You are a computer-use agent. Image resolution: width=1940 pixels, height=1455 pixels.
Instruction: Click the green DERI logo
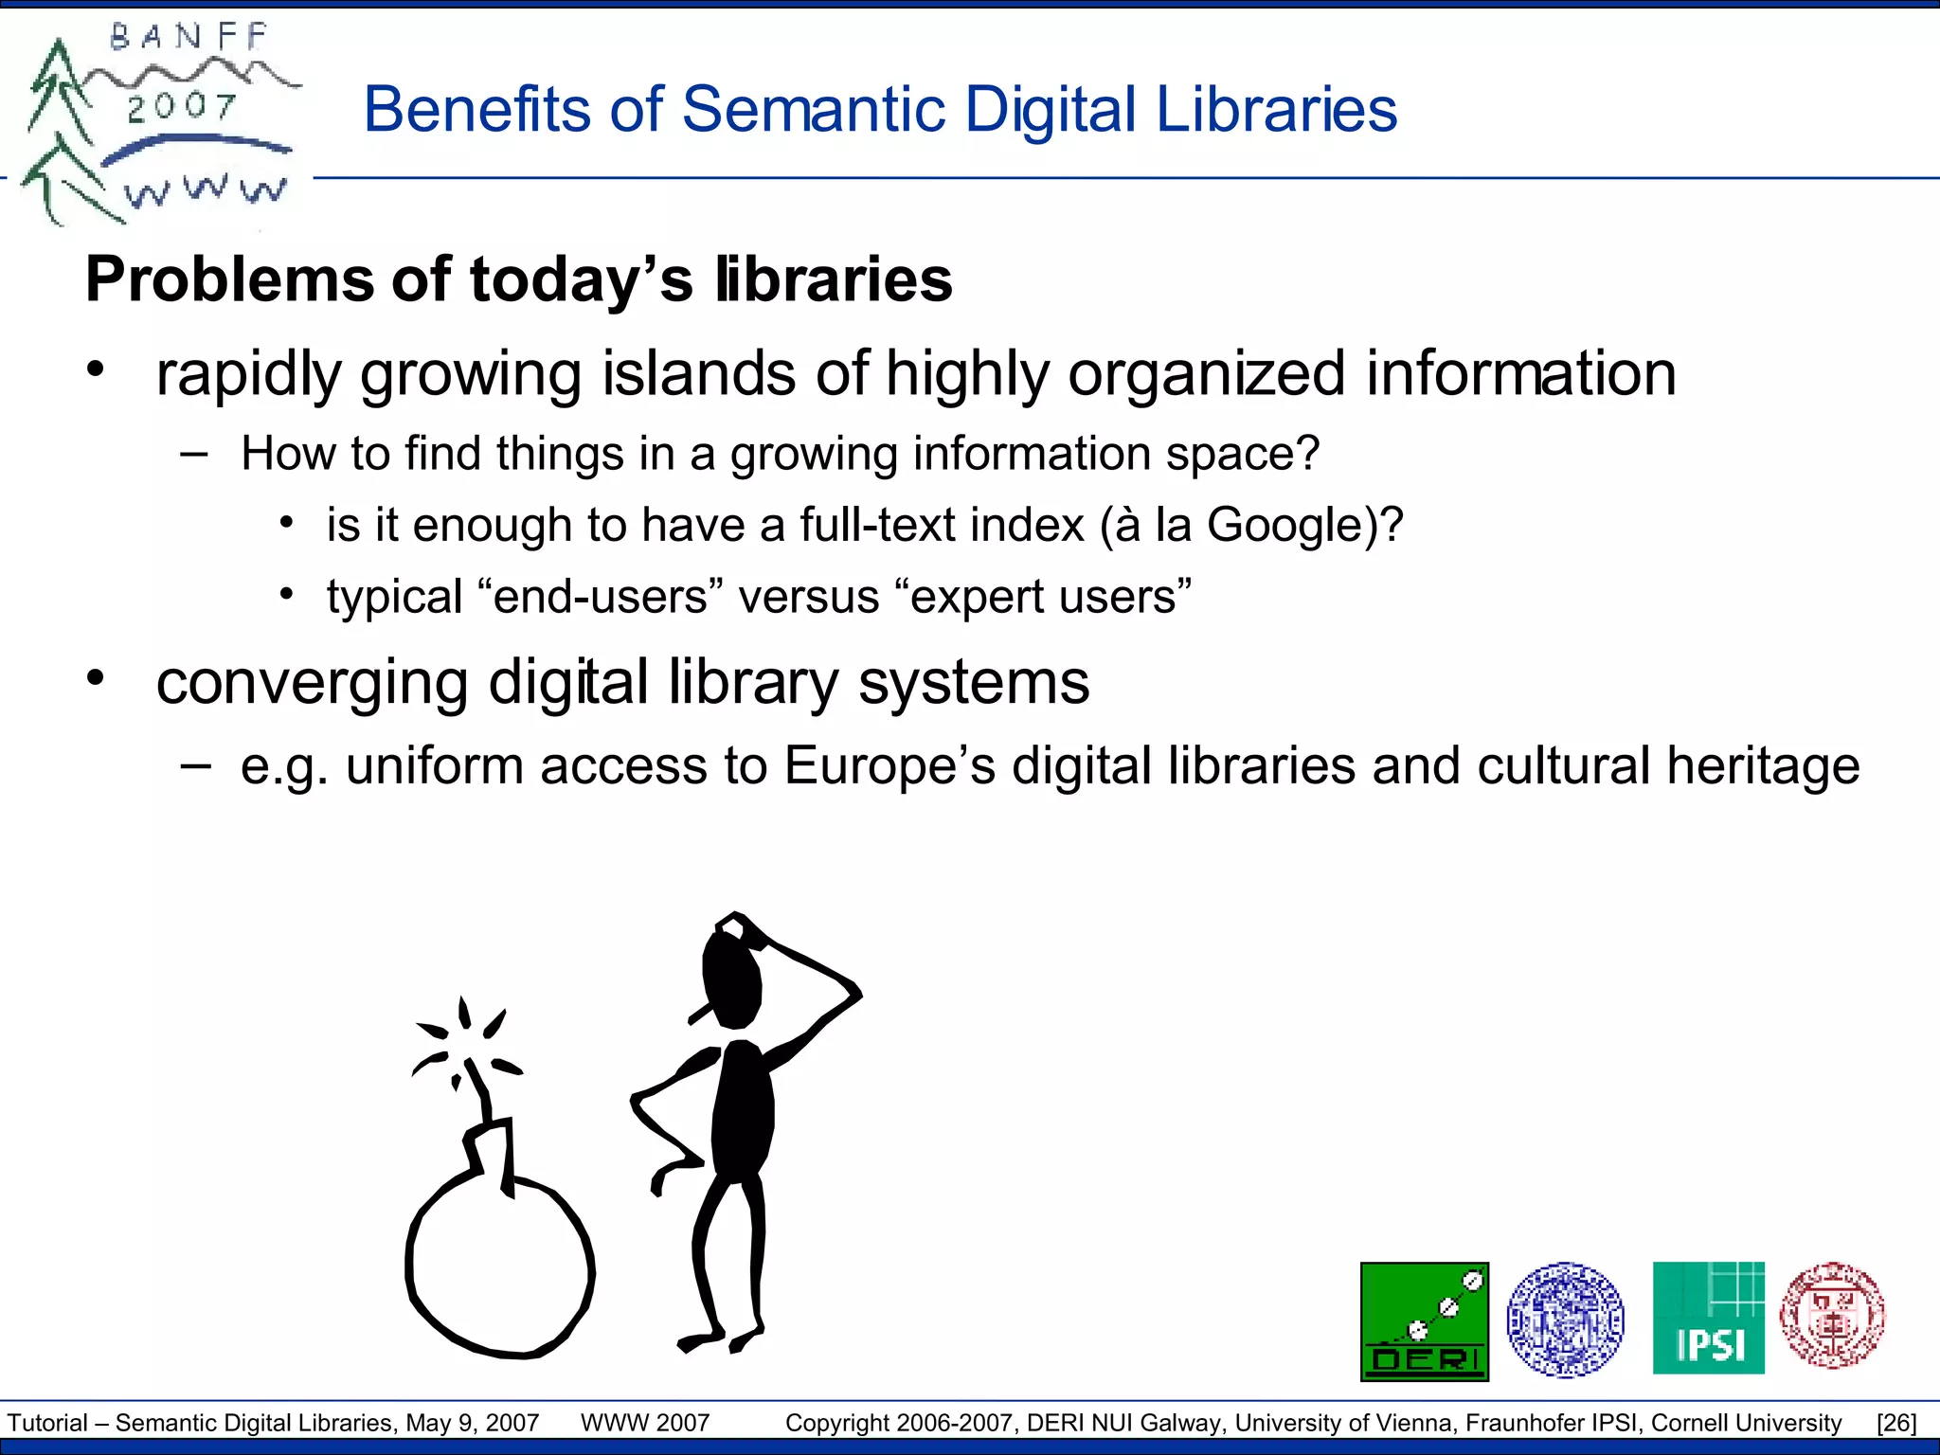1424,1321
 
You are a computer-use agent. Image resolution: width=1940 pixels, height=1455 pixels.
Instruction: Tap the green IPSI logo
1708,1318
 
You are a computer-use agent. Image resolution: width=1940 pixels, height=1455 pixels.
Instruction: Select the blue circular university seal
1565,1319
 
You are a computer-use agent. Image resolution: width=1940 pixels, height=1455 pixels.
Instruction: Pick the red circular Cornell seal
1832,1316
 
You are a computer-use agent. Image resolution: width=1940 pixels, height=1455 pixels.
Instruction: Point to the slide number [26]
1896,1423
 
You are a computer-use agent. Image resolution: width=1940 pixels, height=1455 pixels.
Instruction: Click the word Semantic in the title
814,109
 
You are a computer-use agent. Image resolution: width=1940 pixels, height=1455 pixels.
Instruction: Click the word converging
312,682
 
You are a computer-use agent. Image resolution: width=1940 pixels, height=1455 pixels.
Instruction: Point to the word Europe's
889,765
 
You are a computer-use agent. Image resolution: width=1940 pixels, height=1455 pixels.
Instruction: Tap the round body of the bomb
500,1269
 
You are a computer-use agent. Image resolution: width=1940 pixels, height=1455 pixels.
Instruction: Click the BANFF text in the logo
189,38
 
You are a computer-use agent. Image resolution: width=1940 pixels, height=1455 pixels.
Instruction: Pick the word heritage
1763,765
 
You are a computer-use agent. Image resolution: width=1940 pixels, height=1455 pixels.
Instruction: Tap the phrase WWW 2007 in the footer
645,1423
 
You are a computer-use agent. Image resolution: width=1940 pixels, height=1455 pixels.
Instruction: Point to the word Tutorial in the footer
47,1423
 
